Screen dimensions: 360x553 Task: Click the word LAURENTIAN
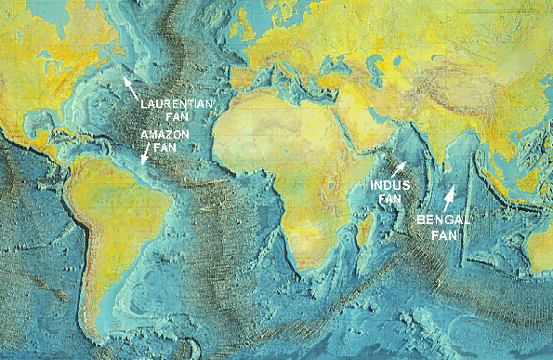coord(174,106)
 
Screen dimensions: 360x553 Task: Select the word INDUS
coord(388,185)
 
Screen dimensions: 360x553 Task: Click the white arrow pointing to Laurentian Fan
coord(131,87)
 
